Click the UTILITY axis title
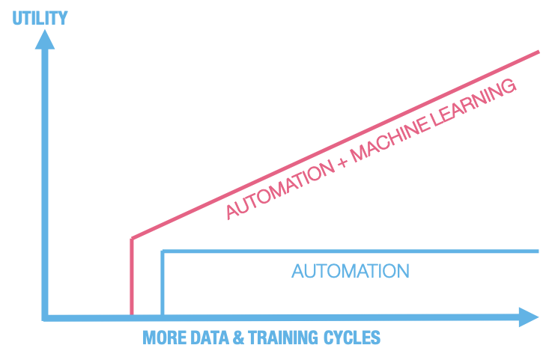click(40, 17)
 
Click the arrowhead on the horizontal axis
click(528, 317)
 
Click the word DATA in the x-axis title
click(208, 338)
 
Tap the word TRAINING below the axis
click(284, 338)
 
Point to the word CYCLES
click(352, 338)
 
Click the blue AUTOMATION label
click(351, 271)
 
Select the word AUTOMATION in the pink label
click(279, 188)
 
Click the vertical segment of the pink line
click(132, 277)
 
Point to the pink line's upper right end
click(539, 52)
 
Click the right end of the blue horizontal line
click(538, 251)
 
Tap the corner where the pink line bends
click(133, 238)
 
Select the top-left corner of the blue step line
click(163, 251)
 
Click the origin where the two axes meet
click(46, 317)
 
